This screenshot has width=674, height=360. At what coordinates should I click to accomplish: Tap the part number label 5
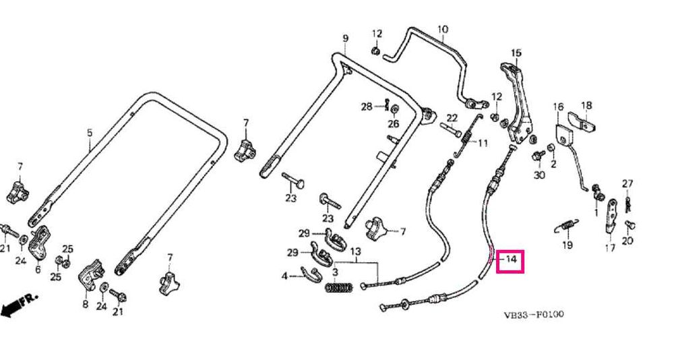point(90,132)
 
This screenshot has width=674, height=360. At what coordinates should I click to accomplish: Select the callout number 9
point(345,38)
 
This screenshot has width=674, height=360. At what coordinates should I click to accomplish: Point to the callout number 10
point(443,29)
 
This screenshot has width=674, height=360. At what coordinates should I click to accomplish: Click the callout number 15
point(516,53)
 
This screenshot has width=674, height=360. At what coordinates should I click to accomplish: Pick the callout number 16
point(558,107)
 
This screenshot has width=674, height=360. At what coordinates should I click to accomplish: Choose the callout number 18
point(586,105)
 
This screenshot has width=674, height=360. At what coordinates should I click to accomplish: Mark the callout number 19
point(567,245)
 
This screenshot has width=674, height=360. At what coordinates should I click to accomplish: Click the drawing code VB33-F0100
point(533,315)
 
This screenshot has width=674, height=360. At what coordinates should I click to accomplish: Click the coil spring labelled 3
point(339,288)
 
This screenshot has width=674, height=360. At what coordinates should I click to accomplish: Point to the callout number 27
point(627,183)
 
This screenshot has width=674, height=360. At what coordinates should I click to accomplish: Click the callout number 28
point(366,107)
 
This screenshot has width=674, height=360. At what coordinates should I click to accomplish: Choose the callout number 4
point(285,275)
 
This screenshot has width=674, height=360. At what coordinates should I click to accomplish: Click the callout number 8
point(86,304)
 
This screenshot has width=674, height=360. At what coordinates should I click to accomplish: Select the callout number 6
point(38,269)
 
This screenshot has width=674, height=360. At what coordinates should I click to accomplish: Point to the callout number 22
point(452,118)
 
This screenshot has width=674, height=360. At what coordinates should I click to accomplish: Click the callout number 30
point(538,175)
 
